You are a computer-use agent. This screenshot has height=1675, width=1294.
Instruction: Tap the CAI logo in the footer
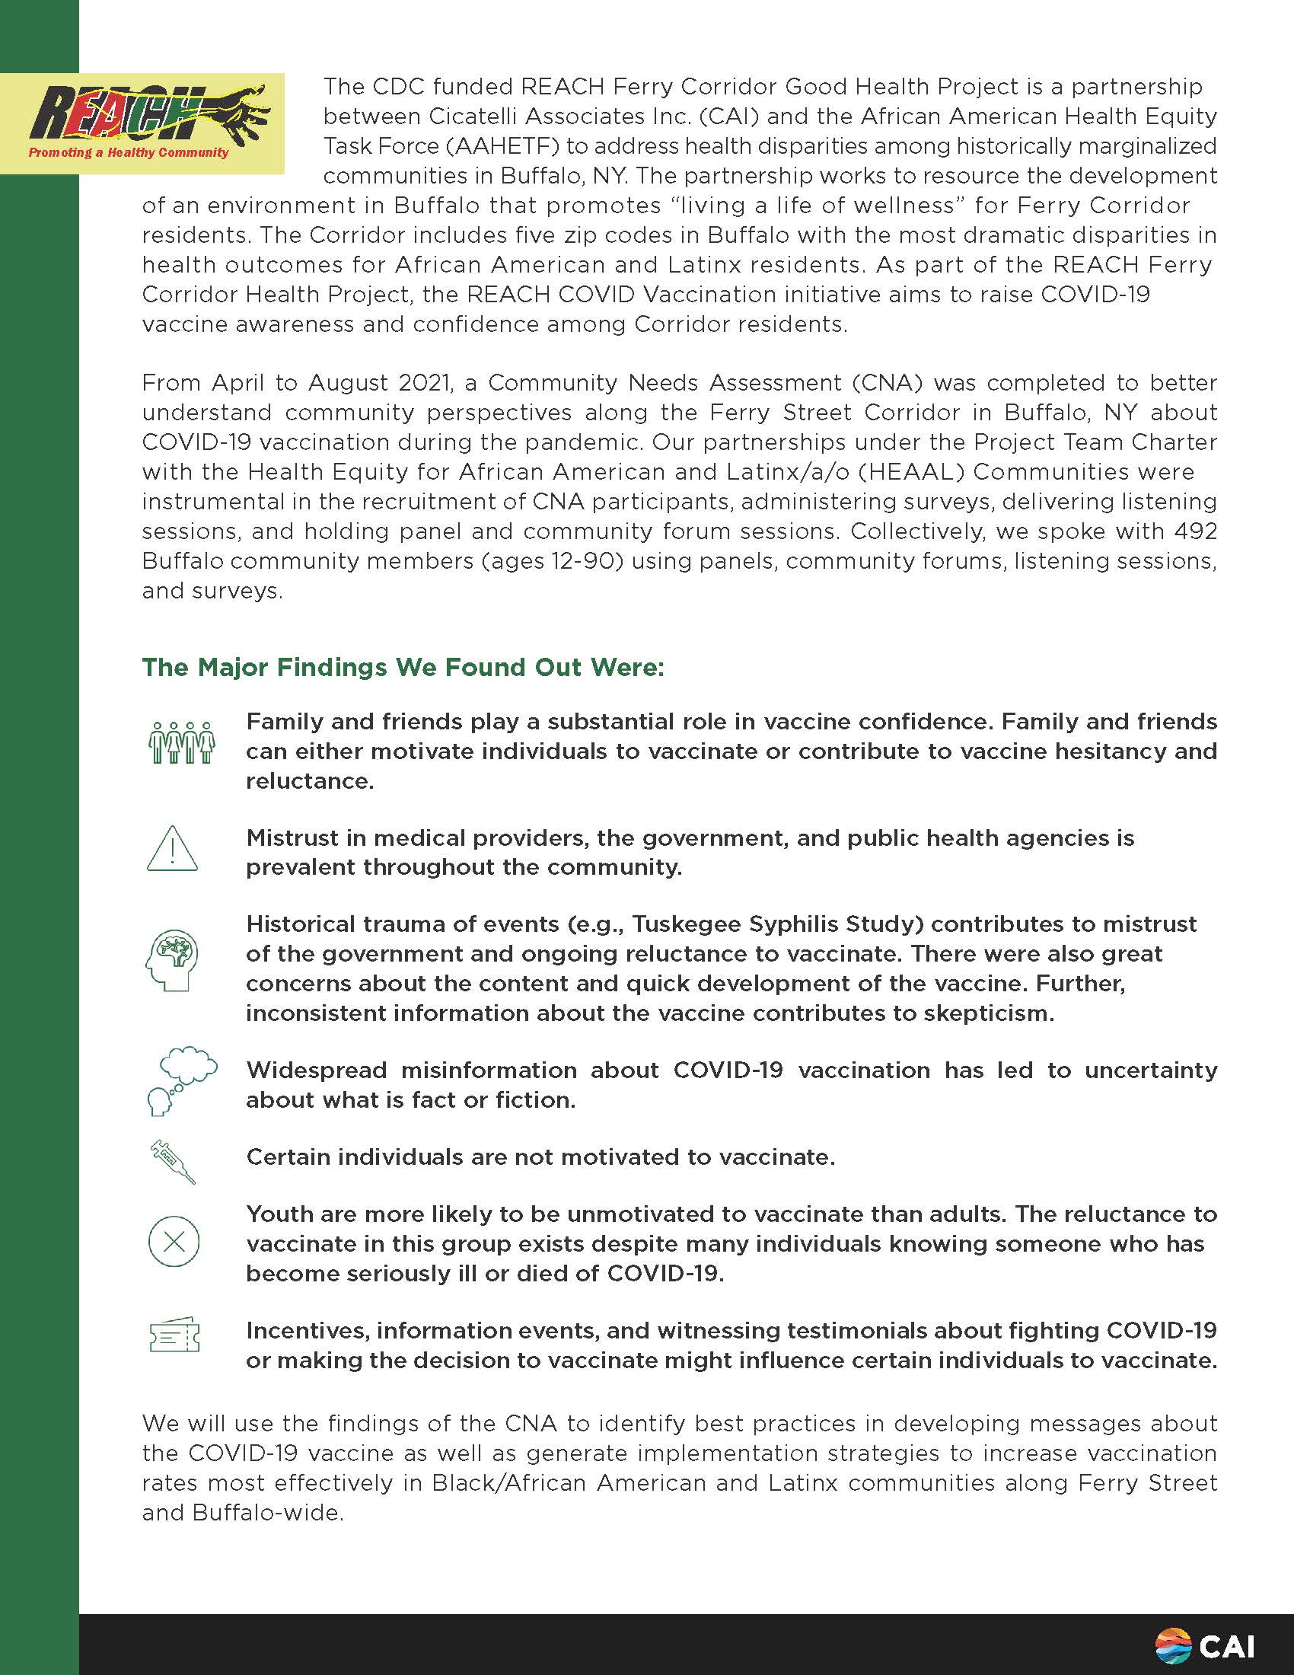1204,1646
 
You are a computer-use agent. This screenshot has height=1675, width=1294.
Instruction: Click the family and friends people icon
182,742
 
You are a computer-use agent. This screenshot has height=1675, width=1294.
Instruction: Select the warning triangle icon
173,849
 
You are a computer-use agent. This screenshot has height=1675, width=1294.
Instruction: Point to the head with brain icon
173,960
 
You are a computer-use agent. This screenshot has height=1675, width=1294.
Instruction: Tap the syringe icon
174,1162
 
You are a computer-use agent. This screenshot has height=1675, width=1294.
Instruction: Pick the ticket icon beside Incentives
174,1336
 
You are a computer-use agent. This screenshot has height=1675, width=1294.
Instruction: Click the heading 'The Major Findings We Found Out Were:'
403,667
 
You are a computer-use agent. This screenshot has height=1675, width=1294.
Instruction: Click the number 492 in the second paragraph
1196,531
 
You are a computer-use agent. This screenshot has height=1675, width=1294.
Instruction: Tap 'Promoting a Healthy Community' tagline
129,152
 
